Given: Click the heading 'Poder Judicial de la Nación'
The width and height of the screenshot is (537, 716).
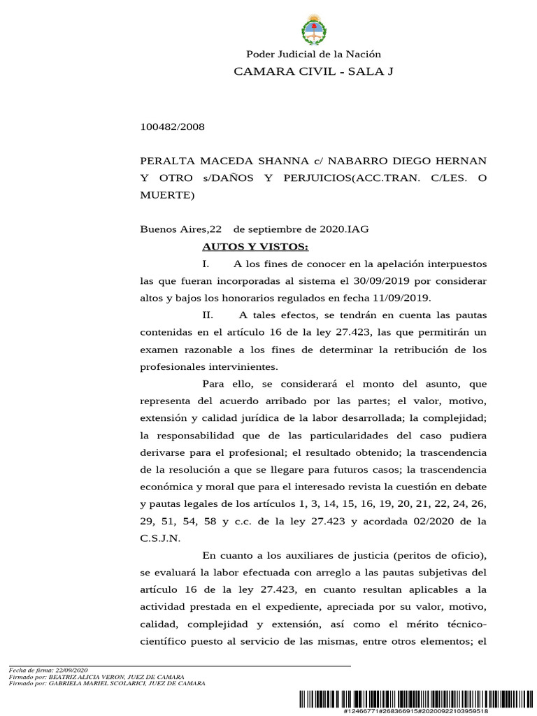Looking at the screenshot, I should (313, 55).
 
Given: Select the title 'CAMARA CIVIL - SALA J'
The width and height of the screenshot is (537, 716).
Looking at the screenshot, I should (313, 71).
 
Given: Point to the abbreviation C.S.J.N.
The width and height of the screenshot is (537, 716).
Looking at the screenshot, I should (160, 538).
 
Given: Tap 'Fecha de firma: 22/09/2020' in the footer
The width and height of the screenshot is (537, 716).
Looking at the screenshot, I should (48, 670).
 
